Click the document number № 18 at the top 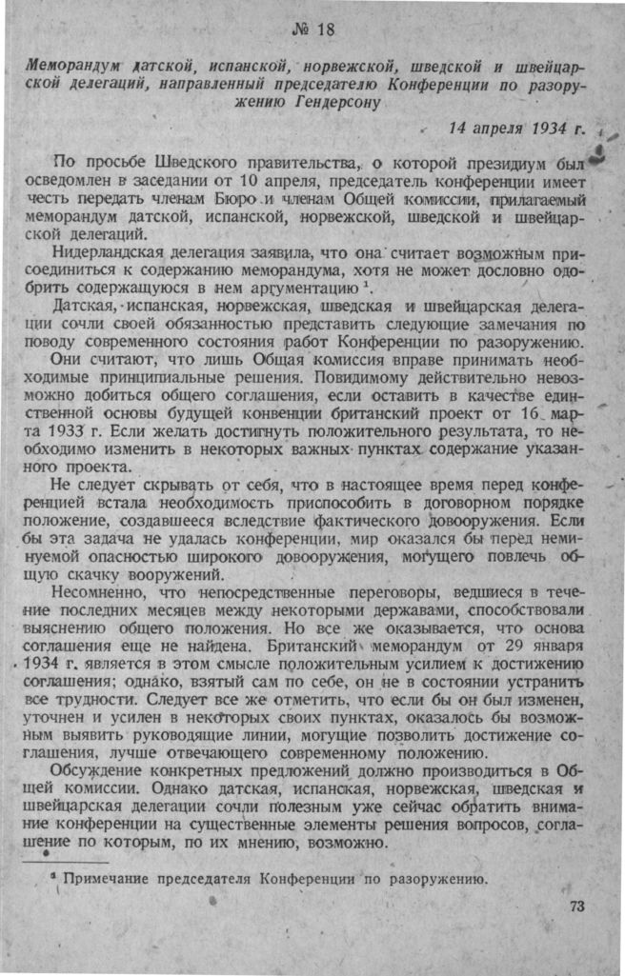pos(312,29)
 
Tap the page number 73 pos(576,906)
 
